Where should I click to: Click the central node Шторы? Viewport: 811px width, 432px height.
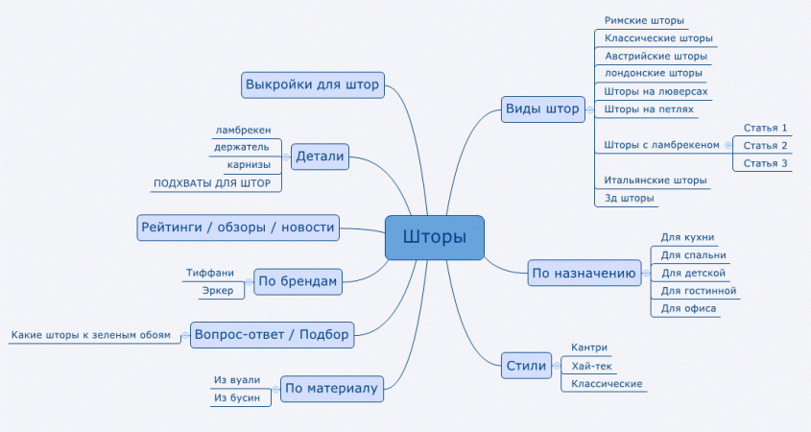[434, 237]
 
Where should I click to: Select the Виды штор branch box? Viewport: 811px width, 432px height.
[543, 109]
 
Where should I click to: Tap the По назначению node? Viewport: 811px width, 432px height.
[584, 274]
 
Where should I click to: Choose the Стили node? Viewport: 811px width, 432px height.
[527, 365]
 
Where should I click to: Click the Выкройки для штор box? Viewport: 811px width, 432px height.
[312, 84]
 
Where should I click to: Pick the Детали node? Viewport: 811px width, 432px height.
[320, 156]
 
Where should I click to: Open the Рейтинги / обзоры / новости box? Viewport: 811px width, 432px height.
[238, 228]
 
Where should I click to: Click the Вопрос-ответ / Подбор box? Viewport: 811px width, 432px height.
[272, 334]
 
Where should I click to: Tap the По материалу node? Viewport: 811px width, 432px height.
[331, 389]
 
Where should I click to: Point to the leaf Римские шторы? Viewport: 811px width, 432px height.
[644, 20]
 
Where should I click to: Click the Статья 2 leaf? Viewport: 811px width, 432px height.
[765, 146]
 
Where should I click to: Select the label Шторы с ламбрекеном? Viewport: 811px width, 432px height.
[661, 146]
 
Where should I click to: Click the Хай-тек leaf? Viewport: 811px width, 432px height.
[591, 366]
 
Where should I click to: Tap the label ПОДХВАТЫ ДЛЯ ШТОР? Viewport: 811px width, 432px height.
[212, 182]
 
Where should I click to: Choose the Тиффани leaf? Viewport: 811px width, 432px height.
[209, 274]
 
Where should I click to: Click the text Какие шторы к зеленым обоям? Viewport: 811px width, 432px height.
[91, 335]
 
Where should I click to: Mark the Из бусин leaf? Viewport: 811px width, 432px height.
[237, 397]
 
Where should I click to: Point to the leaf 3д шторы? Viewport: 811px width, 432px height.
[630, 199]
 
